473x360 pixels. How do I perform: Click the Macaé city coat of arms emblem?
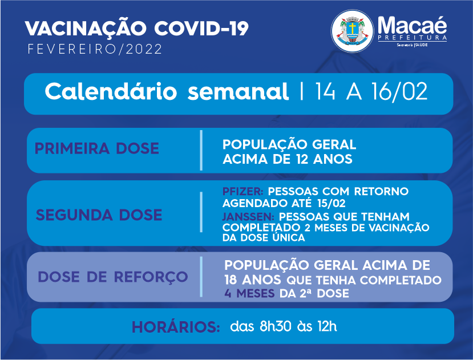pos(353,31)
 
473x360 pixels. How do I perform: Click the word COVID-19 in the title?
pos(201,29)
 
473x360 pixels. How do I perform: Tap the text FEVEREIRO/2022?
pos(95,49)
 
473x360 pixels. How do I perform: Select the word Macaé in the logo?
pos(412,25)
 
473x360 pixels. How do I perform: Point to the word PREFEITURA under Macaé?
pos(413,38)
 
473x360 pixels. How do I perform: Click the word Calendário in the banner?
pos(111,91)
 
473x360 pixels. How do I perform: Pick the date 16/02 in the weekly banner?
pos(399,91)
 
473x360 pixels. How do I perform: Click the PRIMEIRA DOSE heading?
pos(97,148)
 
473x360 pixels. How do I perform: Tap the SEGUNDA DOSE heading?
pos(99,215)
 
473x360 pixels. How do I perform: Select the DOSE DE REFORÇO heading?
pos(113,277)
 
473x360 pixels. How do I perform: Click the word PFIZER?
pos(243,191)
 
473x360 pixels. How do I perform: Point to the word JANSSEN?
pos(248,217)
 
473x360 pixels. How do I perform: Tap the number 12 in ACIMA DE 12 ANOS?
pos(302,159)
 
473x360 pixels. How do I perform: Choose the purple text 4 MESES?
pos(249,293)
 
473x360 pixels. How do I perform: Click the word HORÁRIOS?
pos(176,327)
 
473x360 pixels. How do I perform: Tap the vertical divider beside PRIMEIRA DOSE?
pos(201,150)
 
